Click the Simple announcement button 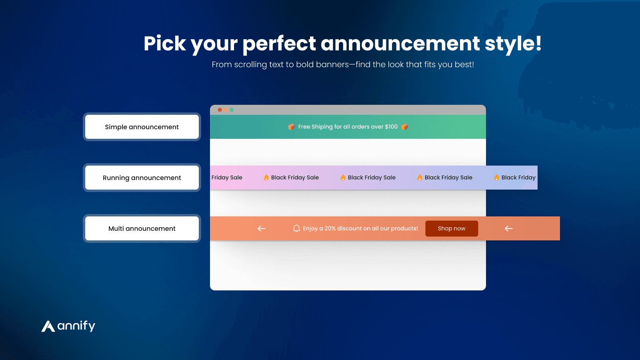tap(142, 126)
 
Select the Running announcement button tap(142, 178)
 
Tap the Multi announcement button tap(142, 228)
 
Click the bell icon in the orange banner tap(296, 228)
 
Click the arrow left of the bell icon tap(262, 228)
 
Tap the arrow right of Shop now tap(508, 228)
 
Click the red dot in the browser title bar tap(220, 110)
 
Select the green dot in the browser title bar tap(232, 110)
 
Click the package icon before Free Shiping tap(291, 126)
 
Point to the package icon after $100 tap(404, 126)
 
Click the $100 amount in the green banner tap(391, 126)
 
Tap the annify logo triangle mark tap(48, 326)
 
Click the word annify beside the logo tap(76, 326)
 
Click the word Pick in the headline tap(164, 44)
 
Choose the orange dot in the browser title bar tap(226, 110)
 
